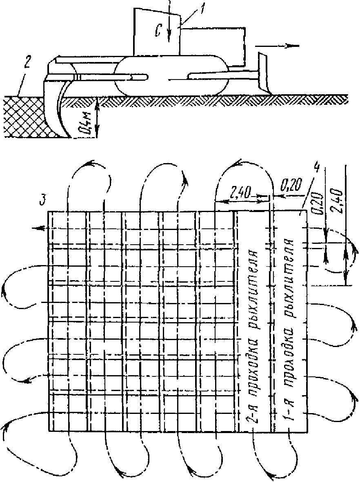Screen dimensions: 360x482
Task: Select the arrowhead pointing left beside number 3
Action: [38, 229]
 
